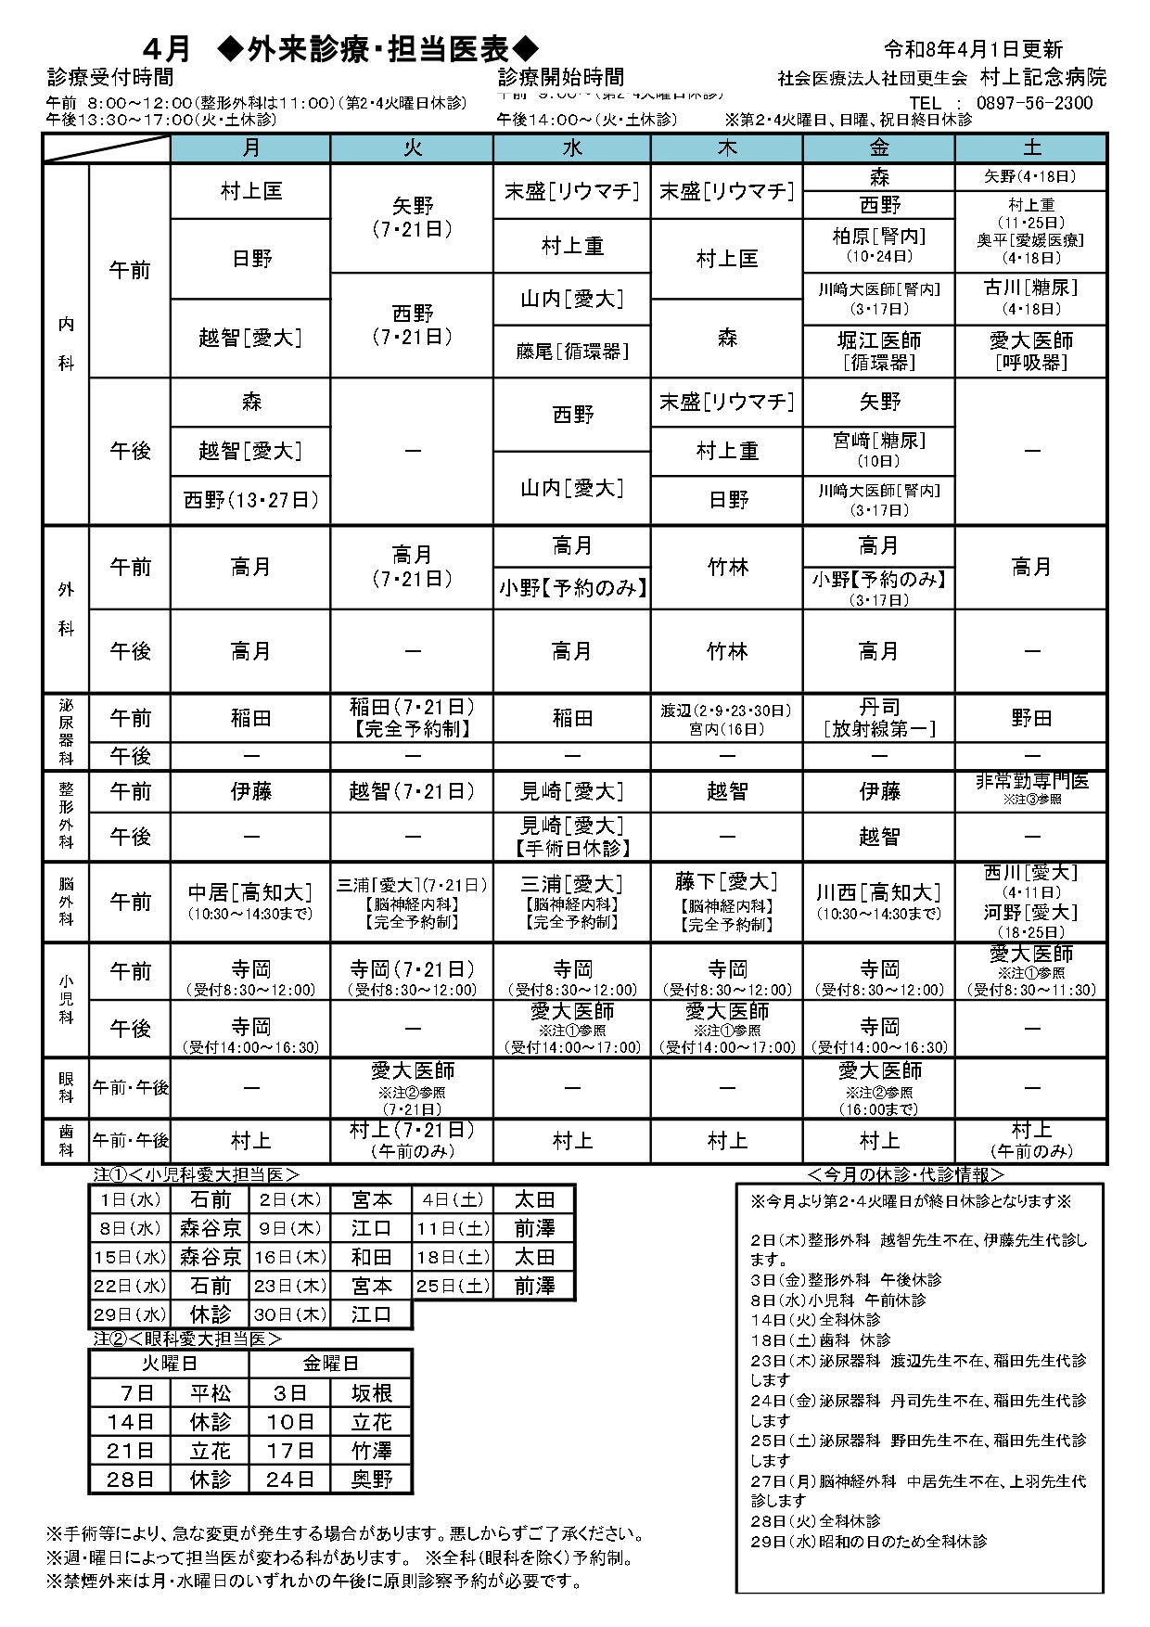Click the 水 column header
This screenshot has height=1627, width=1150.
coord(572,148)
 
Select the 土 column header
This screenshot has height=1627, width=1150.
coord(1031,148)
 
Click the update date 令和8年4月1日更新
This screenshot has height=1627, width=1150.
coord(973,50)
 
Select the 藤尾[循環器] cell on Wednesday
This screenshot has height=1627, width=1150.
coord(572,352)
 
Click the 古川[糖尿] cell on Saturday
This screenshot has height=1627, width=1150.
coord(1030,297)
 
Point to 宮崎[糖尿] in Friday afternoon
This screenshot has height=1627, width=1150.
coord(878,450)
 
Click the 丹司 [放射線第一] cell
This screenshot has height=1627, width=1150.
coord(878,718)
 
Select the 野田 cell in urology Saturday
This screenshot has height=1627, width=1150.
coord(1030,718)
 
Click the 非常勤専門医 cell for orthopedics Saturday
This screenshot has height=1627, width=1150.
coord(1030,789)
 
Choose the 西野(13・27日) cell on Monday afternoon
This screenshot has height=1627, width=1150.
coord(250,501)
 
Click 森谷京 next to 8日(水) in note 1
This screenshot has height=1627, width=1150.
coord(211,1228)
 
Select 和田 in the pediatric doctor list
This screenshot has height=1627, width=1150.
coord(371,1257)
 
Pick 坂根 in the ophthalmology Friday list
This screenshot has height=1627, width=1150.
coord(371,1393)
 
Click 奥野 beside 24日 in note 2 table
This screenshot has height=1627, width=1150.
coord(371,1480)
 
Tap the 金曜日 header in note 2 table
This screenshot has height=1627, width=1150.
coord(330,1364)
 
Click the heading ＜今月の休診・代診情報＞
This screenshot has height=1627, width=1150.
coord(906,1174)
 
